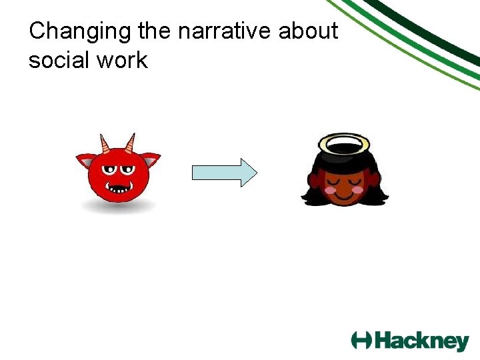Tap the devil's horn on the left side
coord(104,143)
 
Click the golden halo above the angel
coord(344,142)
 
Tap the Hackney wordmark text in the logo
coord(421,341)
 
